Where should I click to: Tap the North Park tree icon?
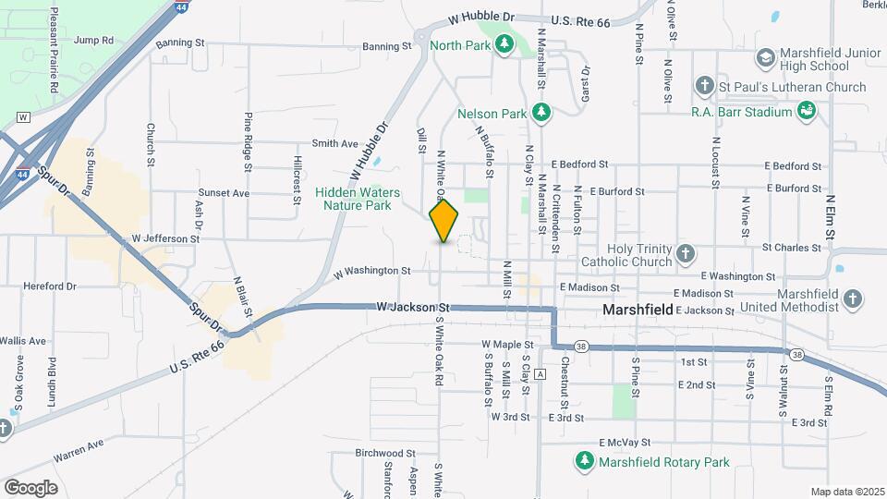click(504, 43)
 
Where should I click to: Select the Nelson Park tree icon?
click(542, 114)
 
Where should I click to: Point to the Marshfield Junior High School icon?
click(765, 58)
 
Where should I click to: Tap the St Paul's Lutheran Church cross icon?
click(704, 87)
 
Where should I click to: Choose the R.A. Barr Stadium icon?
click(807, 112)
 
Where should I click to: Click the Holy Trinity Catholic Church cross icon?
click(686, 253)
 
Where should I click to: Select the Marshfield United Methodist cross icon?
click(853, 299)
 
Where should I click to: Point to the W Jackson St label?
click(412, 307)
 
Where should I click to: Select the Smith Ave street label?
click(334, 143)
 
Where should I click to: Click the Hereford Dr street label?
click(50, 286)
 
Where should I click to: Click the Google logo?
click(30, 487)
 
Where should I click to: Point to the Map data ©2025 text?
click(847, 492)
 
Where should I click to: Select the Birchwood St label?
click(386, 453)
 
